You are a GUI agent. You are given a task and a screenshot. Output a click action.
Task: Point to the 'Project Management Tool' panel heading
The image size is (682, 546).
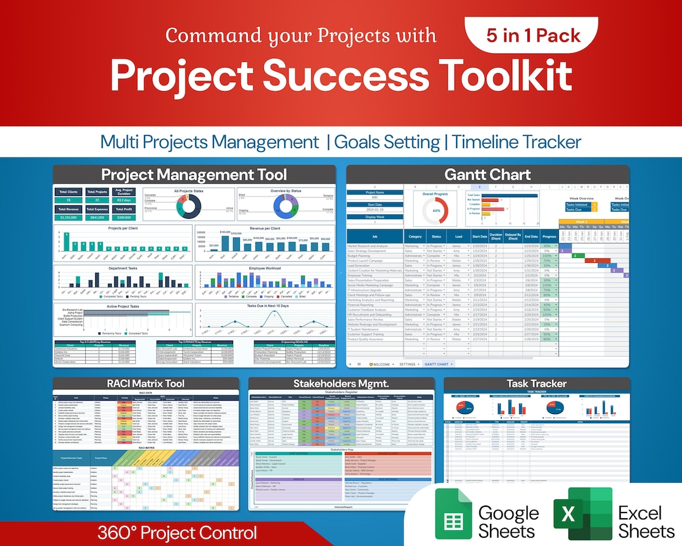(x=194, y=175)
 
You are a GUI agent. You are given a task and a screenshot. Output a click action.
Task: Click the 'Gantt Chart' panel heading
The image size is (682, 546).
(x=488, y=175)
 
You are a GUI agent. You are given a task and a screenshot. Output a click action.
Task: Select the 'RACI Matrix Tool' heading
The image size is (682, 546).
(x=145, y=384)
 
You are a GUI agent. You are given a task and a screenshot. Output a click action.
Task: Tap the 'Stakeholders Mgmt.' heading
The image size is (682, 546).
(x=341, y=384)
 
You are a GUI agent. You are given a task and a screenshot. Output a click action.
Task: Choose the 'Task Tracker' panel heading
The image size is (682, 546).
(x=536, y=384)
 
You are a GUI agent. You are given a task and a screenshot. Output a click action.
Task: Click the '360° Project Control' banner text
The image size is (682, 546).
(x=177, y=533)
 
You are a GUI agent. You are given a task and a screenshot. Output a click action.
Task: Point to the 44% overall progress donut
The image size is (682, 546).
(x=436, y=210)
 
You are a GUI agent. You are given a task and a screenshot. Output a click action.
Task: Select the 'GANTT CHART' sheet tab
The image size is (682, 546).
(x=436, y=364)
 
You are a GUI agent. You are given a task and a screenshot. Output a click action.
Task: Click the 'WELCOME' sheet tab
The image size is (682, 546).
(x=379, y=364)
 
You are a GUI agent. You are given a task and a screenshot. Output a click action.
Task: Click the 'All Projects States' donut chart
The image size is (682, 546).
(x=189, y=207)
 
